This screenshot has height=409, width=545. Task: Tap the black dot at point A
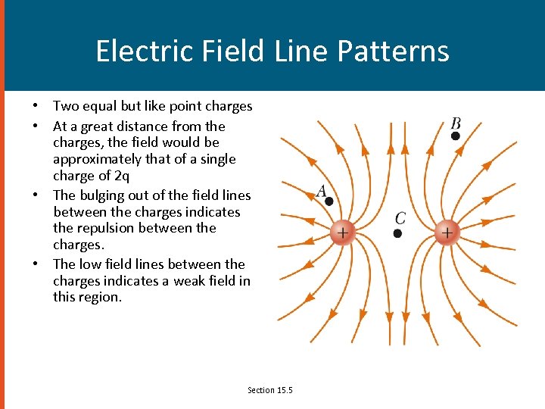point(329,201)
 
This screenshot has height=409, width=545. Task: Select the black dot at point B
point(455,136)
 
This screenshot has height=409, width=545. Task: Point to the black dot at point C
point(397,233)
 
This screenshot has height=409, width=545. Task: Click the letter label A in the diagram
point(322,191)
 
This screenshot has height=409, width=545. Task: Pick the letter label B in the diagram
point(456,123)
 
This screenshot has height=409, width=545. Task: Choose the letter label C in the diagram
point(400,219)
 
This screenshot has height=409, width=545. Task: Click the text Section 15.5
point(269,390)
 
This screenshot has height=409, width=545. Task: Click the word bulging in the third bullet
point(101,195)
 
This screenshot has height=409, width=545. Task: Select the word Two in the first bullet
point(65,106)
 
